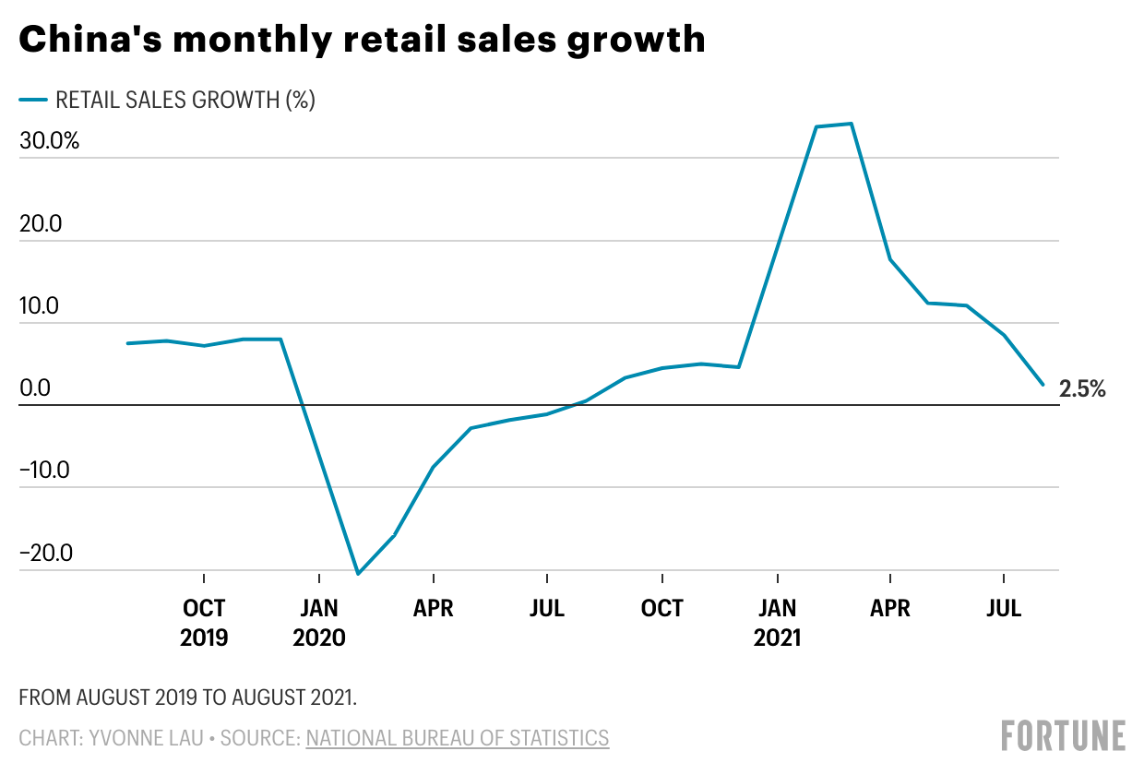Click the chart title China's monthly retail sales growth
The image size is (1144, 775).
(x=362, y=40)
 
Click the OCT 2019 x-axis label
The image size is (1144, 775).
(x=203, y=622)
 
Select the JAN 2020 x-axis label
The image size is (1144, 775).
(x=318, y=622)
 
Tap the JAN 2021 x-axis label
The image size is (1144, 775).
(x=777, y=622)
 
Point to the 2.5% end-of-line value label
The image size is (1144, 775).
(x=1082, y=389)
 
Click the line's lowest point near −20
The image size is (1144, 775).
(x=357, y=574)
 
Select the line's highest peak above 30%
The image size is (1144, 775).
(x=851, y=124)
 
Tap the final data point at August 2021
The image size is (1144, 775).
(x=1043, y=385)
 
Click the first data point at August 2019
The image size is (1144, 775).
(x=127, y=343)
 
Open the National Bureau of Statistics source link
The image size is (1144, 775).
(x=457, y=738)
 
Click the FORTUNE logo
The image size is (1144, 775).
(x=1063, y=735)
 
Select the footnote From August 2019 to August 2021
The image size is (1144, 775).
(x=187, y=697)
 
